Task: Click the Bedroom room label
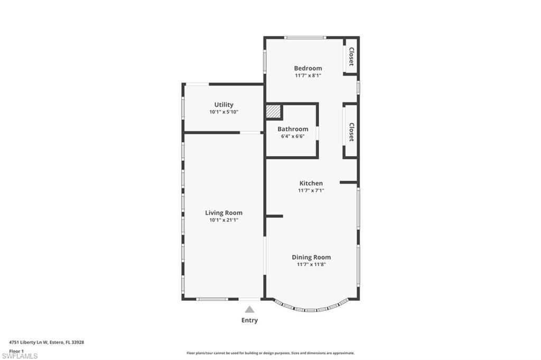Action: click(x=308, y=68)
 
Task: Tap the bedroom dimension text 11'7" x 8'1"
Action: click(x=308, y=75)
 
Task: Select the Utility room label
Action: click(x=223, y=105)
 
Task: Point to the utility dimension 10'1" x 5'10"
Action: click(x=223, y=112)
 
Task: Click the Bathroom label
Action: click(x=293, y=129)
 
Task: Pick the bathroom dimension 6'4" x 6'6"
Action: click(x=293, y=136)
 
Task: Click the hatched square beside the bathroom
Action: click(x=273, y=112)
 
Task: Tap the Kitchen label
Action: click(x=311, y=183)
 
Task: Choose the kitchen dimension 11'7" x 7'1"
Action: click(x=311, y=191)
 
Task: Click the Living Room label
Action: click(x=223, y=213)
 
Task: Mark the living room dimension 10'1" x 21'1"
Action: click(x=223, y=220)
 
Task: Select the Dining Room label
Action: click(x=311, y=257)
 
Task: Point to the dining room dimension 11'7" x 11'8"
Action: click(x=311, y=264)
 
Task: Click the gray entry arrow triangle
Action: click(x=249, y=309)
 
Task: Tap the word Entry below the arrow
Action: click(x=249, y=320)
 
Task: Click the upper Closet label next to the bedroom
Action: click(x=351, y=56)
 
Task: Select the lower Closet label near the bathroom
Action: click(x=351, y=132)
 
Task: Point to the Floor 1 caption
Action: click(x=16, y=350)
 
